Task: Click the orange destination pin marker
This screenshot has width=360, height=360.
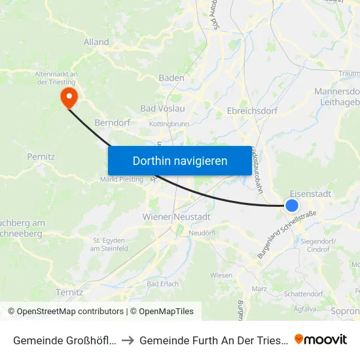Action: (68, 98)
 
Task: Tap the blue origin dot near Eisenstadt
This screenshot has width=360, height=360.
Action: (292, 206)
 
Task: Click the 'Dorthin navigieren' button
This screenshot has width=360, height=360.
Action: (180, 160)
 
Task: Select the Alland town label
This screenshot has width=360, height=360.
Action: (96, 42)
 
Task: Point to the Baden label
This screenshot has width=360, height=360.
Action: (171, 78)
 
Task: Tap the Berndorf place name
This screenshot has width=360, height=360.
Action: (112, 122)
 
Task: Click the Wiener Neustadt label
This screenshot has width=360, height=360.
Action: (176, 217)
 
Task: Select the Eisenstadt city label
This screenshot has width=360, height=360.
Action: (310, 194)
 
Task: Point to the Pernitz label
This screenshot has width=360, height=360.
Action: (41, 157)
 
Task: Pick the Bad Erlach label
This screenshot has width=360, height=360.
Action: (162, 283)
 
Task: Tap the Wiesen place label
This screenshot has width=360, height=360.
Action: (221, 275)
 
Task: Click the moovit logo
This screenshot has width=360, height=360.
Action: (321, 339)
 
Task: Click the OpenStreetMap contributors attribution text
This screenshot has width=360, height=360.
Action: (70, 312)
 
